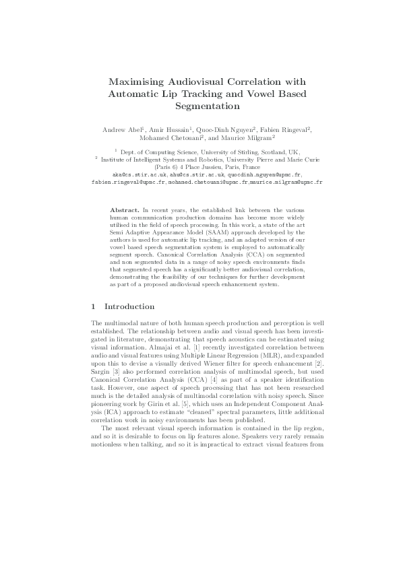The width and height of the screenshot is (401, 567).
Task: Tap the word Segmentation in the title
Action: [x=200, y=106]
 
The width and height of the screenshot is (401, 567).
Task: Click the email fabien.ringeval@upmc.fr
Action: [x=129, y=182]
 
